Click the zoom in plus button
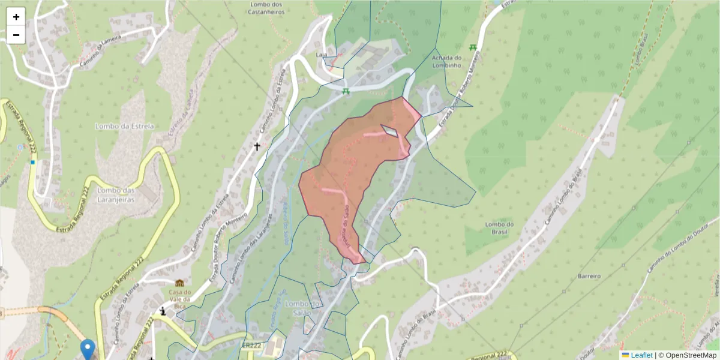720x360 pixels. coord(16,17)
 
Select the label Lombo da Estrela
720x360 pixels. coord(125,127)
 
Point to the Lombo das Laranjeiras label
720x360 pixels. coord(122,194)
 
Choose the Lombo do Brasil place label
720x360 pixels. coord(499,229)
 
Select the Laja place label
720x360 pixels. coord(321,55)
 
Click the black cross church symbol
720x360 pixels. coord(257,146)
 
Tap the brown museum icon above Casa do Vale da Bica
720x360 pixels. coord(179,283)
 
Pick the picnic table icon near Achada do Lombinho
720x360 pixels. coord(473,47)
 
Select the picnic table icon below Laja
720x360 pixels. coord(346,91)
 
